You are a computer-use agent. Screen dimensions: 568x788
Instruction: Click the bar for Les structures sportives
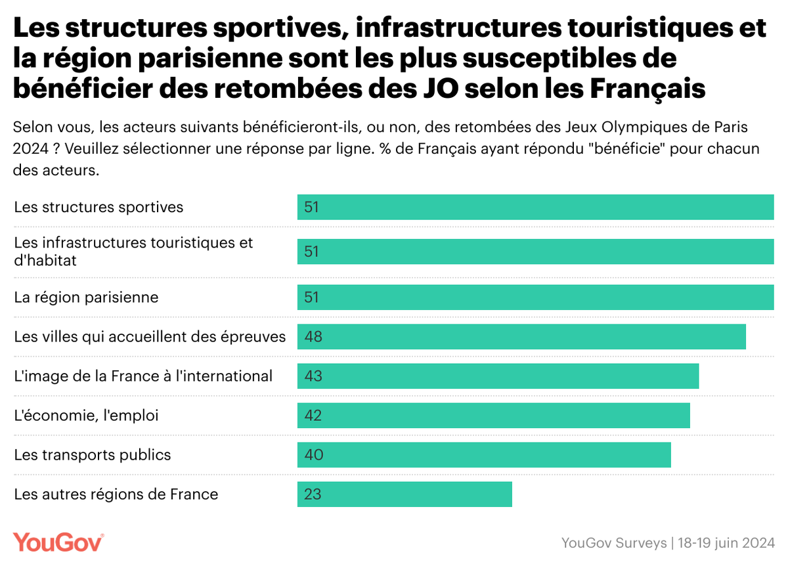point(535,207)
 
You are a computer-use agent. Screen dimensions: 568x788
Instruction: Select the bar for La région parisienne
point(535,297)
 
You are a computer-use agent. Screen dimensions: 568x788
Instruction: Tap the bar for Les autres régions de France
point(405,494)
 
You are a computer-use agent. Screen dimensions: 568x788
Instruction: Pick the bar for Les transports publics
point(484,454)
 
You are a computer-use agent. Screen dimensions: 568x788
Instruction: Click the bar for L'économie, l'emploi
point(494,415)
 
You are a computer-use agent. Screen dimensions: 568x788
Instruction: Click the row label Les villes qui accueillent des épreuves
point(150,337)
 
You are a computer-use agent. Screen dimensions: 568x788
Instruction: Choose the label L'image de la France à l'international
point(143,376)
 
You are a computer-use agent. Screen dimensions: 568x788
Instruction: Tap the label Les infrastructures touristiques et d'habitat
point(133,251)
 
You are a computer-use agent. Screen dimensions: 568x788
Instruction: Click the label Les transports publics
point(93,454)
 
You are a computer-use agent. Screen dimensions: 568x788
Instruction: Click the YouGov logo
point(58,542)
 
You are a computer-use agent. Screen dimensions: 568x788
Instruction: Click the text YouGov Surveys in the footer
point(613,543)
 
